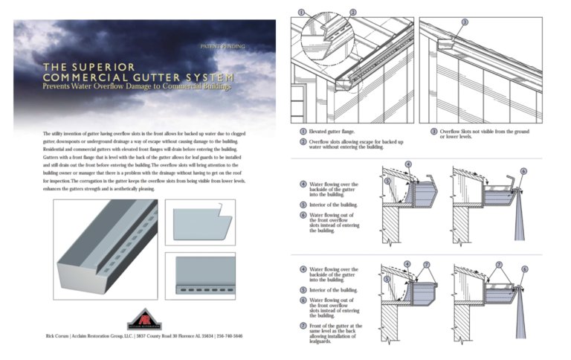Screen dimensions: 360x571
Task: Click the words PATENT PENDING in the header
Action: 222,46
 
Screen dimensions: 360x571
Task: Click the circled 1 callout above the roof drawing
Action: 300,11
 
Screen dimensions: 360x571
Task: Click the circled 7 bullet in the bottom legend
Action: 303,326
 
